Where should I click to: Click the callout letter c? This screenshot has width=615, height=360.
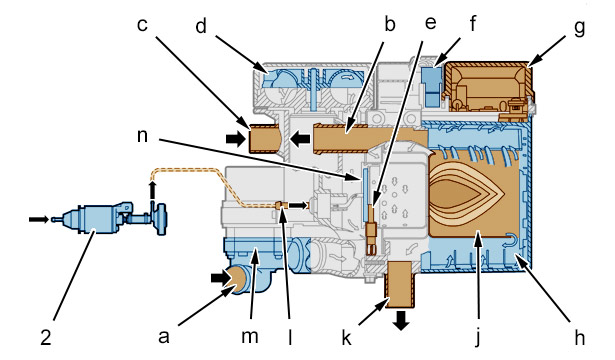pyautogui.click(x=142, y=24)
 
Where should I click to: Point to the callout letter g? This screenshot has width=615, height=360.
pyautogui.click(x=579, y=28)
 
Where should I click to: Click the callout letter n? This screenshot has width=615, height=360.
pyautogui.click(x=142, y=136)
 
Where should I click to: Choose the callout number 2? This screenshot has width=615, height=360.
pyautogui.click(x=46, y=337)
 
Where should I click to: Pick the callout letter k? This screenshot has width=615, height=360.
pyautogui.click(x=346, y=337)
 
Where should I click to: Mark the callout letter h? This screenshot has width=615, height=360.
pyautogui.click(x=579, y=337)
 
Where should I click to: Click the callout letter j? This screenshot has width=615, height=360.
pyautogui.click(x=478, y=338)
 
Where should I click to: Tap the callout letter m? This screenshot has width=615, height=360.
pyautogui.click(x=250, y=336)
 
